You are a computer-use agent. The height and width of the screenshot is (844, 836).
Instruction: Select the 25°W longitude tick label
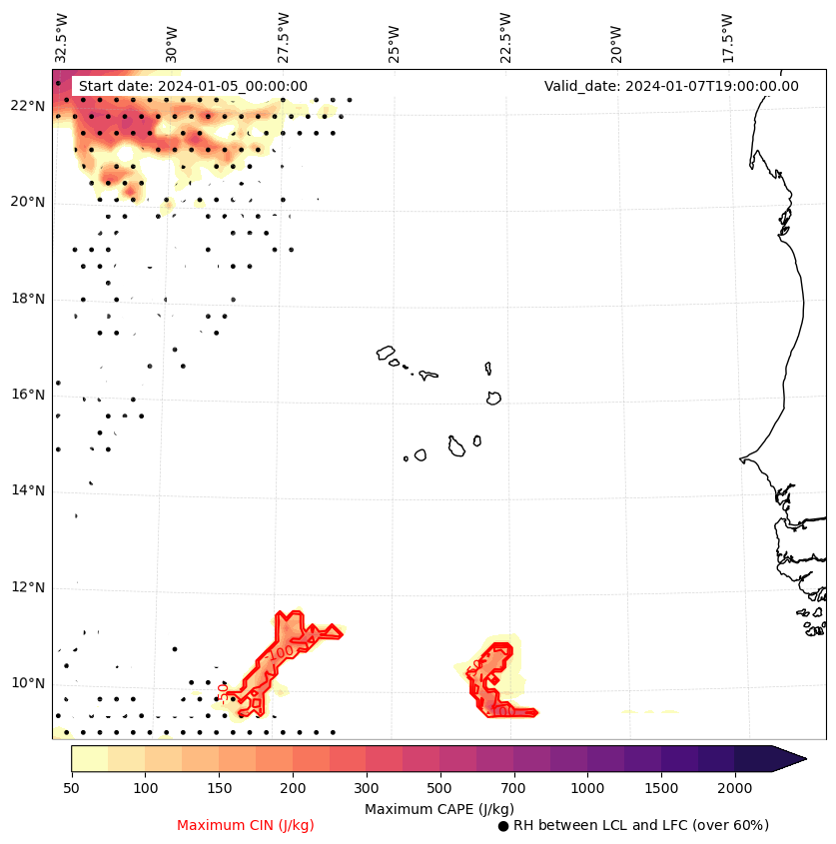[x=395, y=42]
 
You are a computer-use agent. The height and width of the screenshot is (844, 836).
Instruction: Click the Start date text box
[x=193, y=86]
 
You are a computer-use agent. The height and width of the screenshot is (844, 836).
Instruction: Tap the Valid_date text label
[x=671, y=86]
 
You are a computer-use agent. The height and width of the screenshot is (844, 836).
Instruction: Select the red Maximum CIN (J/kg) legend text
[x=246, y=825]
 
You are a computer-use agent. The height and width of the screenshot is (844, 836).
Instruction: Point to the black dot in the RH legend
[x=503, y=826]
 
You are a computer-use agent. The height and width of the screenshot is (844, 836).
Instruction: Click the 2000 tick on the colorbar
[x=734, y=789]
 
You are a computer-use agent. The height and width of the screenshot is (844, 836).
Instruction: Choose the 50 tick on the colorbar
[x=71, y=789]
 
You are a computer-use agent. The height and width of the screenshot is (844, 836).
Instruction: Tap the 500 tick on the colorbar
[x=439, y=789]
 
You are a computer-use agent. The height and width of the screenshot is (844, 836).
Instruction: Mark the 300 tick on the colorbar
[x=367, y=789]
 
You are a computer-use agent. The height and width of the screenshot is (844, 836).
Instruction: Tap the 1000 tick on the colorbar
[x=587, y=789]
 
